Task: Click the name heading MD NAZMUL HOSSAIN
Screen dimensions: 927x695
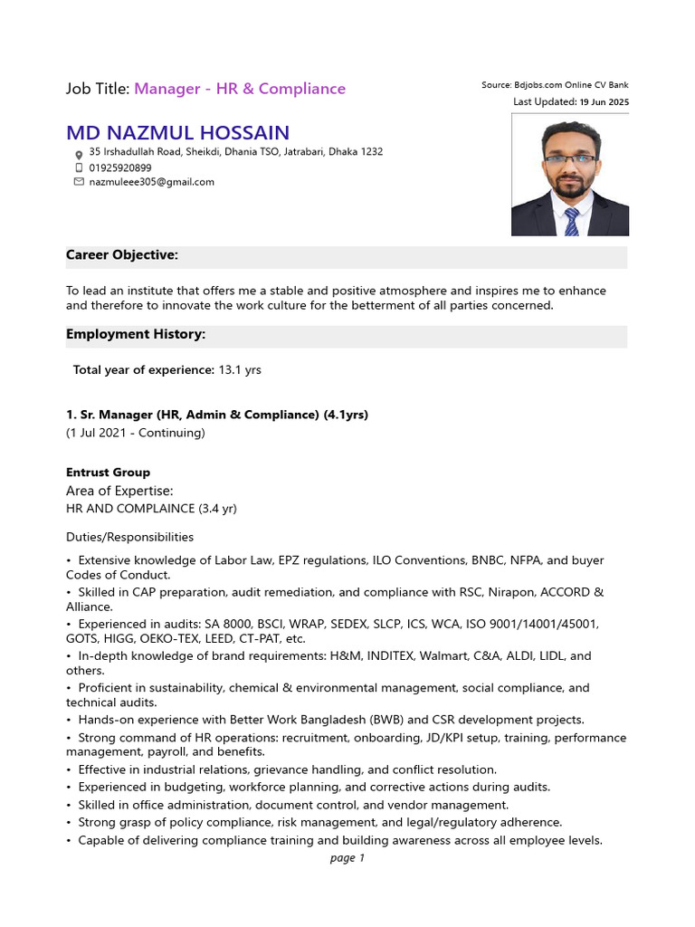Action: (177, 133)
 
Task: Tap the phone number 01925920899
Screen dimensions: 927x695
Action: (120, 167)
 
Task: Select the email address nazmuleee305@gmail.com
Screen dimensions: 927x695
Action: (151, 182)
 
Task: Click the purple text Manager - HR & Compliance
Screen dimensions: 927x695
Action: (240, 89)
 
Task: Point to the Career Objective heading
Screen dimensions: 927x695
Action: (122, 255)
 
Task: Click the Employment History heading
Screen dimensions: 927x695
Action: (136, 334)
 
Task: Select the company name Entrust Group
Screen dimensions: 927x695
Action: (108, 473)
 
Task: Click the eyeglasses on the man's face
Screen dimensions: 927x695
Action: (570, 159)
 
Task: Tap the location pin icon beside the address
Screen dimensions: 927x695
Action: (78, 153)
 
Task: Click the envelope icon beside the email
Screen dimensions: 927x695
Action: (78, 182)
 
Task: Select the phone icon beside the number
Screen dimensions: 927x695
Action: (78, 167)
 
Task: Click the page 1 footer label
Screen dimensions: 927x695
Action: (347, 858)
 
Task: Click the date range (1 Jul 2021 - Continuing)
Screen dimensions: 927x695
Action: (136, 433)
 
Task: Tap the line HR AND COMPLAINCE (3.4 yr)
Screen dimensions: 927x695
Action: (151, 509)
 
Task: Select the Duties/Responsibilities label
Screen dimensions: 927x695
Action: (129, 537)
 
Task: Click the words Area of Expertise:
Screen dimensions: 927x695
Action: (119, 491)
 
